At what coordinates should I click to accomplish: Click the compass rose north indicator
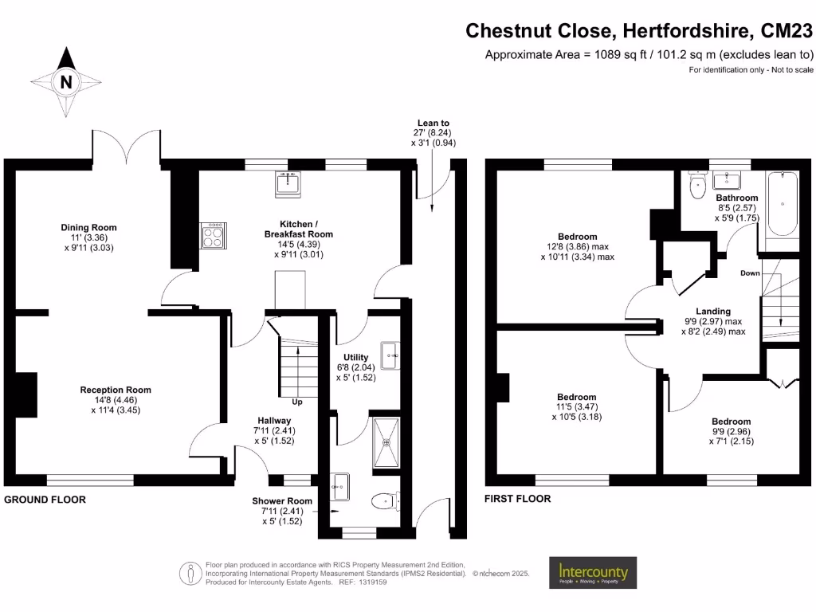(x=67, y=80)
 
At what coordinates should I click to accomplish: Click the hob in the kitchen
(x=213, y=233)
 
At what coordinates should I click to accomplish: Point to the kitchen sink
(x=287, y=184)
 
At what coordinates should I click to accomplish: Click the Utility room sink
(x=390, y=355)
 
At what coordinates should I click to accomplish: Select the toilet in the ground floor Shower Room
(x=384, y=500)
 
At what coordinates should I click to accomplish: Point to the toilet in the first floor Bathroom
(x=697, y=187)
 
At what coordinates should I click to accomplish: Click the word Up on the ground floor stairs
(x=296, y=402)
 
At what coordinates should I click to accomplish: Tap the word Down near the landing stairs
(x=750, y=273)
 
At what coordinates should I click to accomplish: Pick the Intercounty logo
(x=592, y=572)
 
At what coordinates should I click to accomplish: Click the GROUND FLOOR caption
(x=45, y=500)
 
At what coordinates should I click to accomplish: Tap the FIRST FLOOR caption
(x=518, y=499)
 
